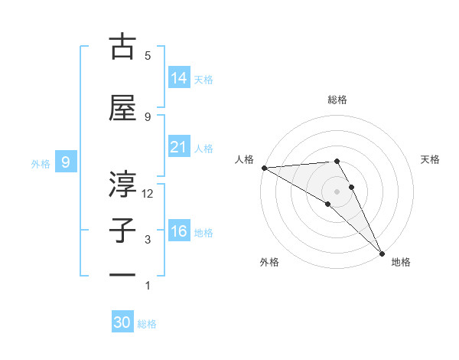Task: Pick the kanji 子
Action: pos(122,231)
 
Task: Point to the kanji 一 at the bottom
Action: pos(122,275)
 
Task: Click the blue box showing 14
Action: pos(179,77)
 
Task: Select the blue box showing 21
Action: pos(179,146)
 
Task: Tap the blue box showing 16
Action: pos(179,231)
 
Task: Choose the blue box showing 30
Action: pos(122,322)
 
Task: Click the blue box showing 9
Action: pos(67,162)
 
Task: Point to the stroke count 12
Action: pos(148,194)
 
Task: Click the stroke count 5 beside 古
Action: pos(148,55)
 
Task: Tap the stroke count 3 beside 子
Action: pos(148,240)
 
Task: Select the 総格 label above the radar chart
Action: pos(337,100)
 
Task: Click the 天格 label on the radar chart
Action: pos(431,159)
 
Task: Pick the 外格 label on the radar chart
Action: pos(269,262)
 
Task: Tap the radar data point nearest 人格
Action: pos(264,168)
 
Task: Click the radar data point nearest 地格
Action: pos(381,254)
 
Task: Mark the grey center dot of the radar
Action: pos(337,191)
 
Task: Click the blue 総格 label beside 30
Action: pos(148,324)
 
